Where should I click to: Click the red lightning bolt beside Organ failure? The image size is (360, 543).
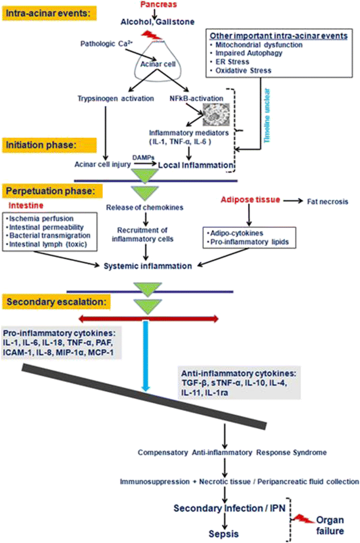304,519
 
